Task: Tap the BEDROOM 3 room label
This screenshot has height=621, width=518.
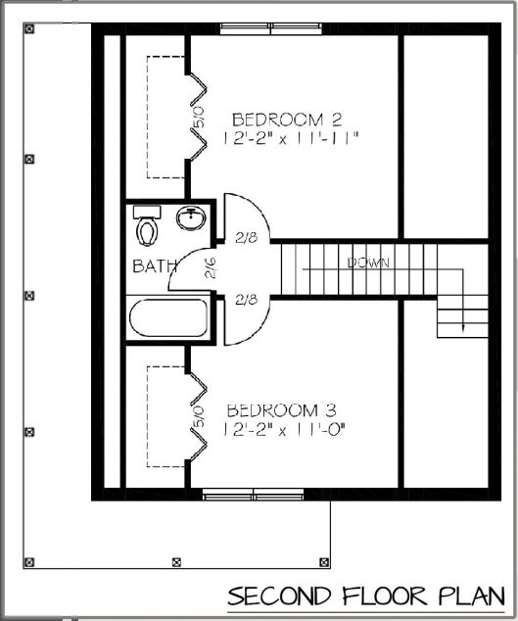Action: pos(285,409)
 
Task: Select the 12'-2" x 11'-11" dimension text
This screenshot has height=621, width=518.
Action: pos(292,139)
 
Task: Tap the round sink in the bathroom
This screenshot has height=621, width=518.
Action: pos(190,219)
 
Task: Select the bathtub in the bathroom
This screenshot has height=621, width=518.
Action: pos(168,318)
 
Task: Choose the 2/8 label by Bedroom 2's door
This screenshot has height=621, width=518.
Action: pos(246,236)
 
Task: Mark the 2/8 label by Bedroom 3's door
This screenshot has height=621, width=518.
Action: pos(246,300)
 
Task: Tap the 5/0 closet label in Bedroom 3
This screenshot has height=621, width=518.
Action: pos(198,418)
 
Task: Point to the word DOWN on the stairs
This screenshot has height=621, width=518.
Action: pos(368,263)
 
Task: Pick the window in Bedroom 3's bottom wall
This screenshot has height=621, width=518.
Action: pos(255,495)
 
